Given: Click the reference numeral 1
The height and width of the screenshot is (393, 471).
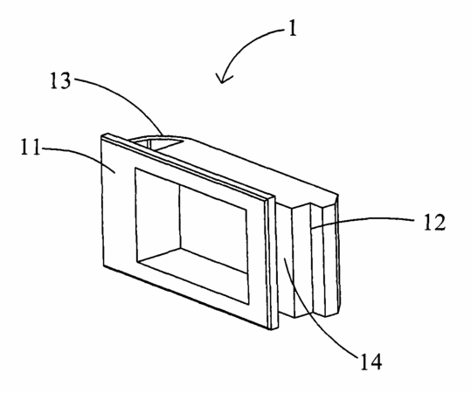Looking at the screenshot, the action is point(292,29).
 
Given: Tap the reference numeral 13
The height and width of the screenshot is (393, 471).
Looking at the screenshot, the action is point(60,80).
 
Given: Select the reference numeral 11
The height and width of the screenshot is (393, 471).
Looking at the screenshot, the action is point(31,147).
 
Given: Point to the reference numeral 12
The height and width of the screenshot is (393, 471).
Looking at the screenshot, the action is point(434,222).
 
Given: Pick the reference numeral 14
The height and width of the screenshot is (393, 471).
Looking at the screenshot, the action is point(371,362).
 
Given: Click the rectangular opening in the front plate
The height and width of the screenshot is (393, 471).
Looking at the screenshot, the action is point(192,236).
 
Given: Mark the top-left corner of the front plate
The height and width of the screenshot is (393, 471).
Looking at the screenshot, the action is point(101,135).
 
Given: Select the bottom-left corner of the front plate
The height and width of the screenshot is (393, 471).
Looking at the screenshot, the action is point(104,266).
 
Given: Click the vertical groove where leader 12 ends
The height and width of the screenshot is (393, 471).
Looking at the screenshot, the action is point(311,259).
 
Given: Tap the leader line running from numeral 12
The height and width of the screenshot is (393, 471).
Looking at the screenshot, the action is point(360,221).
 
